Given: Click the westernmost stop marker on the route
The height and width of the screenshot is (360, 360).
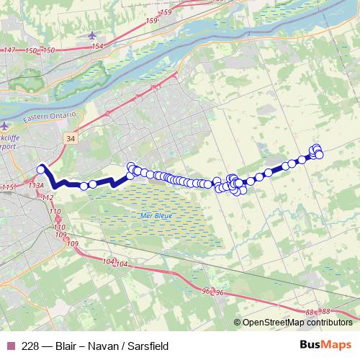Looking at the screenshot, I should tap(41, 169).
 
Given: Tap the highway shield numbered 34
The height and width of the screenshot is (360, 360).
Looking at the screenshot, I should tap(69, 137).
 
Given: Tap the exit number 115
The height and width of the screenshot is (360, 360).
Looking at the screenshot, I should tap(8, 188).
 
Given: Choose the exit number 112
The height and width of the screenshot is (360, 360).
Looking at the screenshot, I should tap(48, 197).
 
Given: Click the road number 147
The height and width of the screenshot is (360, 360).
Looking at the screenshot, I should tap(9, 50).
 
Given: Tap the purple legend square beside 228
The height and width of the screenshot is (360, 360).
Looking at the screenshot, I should tap(9, 346).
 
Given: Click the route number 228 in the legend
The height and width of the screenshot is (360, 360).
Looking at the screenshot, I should tap(30, 346).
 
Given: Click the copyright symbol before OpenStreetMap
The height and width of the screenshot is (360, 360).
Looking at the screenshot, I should tap(238, 323).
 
